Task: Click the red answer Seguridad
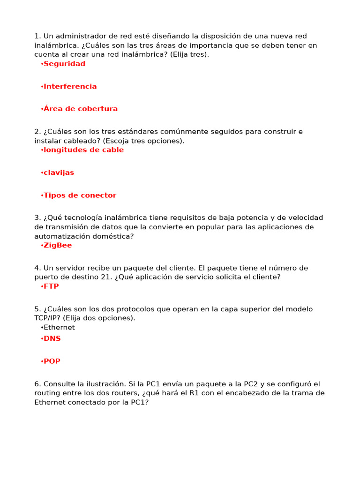[64, 64]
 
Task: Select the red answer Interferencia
[70, 86]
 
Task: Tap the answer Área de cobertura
[80, 109]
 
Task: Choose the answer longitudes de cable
[83, 150]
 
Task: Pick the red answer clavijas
[59, 172]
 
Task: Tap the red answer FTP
[51, 286]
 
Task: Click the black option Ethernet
[59, 328]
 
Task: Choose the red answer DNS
[52, 338]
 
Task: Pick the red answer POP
[52, 361]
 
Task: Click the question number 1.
[37, 36]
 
